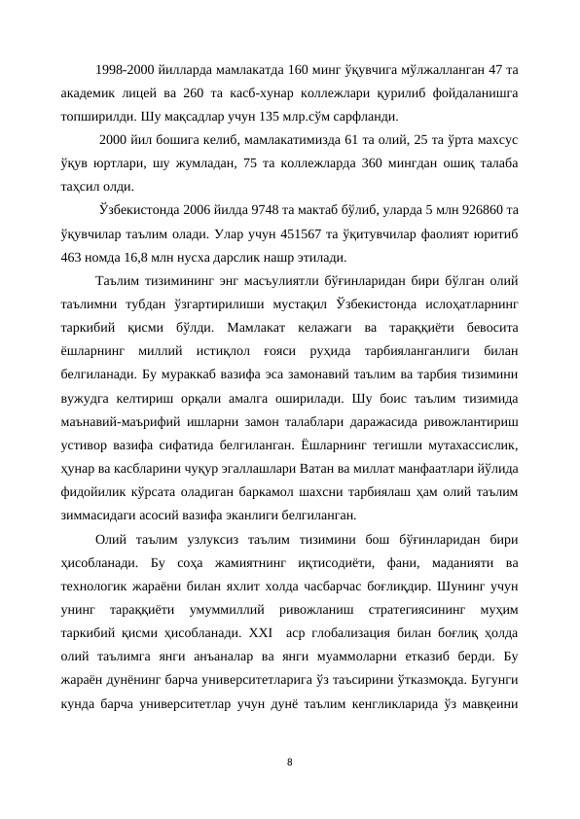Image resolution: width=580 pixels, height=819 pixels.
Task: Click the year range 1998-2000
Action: (x=130, y=69)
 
